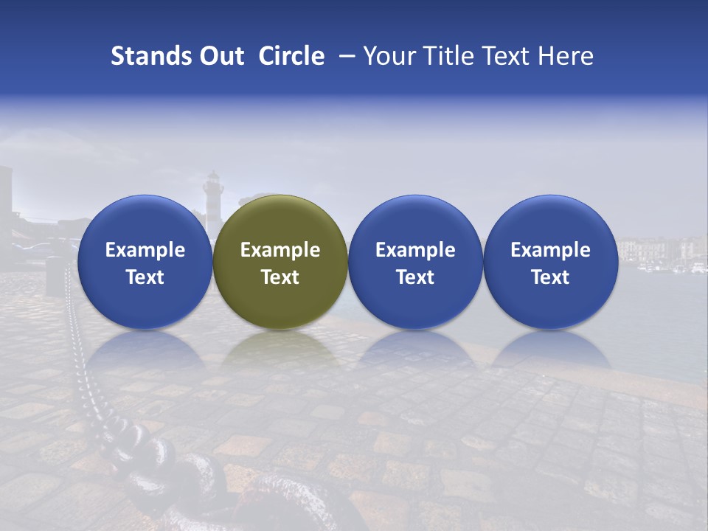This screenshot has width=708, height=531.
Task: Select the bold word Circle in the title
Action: coord(291,56)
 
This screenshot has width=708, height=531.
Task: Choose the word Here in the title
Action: coord(566,56)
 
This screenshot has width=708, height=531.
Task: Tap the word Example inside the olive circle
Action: coord(280,250)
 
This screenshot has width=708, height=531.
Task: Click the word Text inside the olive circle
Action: coord(280,277)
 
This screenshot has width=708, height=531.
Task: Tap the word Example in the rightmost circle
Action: coord(550,250)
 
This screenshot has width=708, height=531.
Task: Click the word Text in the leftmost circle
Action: coord(145,277)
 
